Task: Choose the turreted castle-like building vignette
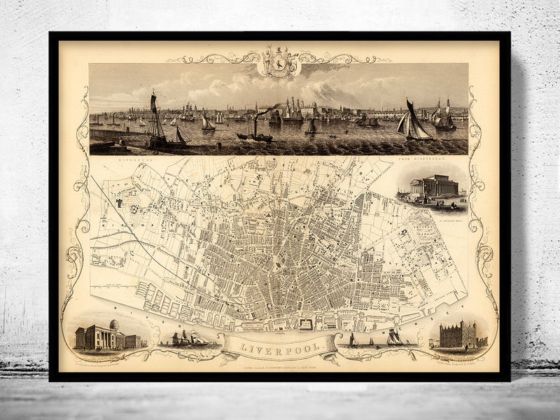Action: click(x=458, y=335)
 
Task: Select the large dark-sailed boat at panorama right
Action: click(x=414, y=122)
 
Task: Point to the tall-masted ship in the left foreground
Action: click(x=158, y=122)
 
